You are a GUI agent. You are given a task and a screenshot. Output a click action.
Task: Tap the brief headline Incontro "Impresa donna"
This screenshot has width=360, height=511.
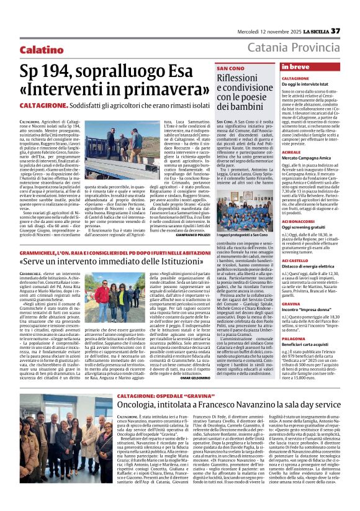pyautogui.click(x=308, y=309)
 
